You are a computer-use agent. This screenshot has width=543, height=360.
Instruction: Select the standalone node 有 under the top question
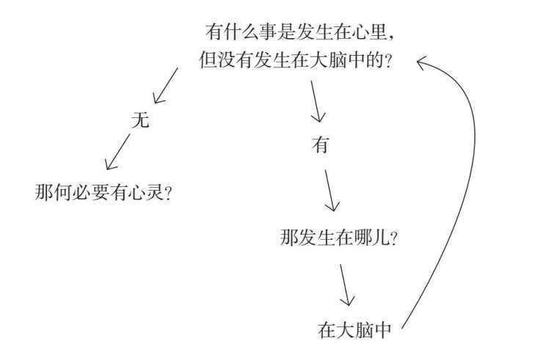coord(319,145)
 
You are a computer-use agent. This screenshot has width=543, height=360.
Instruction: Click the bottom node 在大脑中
coord(356,329)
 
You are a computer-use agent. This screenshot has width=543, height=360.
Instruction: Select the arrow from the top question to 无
coord(165,85)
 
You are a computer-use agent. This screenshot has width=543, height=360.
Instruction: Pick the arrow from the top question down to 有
coord(316,100)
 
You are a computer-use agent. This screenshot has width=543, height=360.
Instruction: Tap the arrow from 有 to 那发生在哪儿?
coord(332,190)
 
